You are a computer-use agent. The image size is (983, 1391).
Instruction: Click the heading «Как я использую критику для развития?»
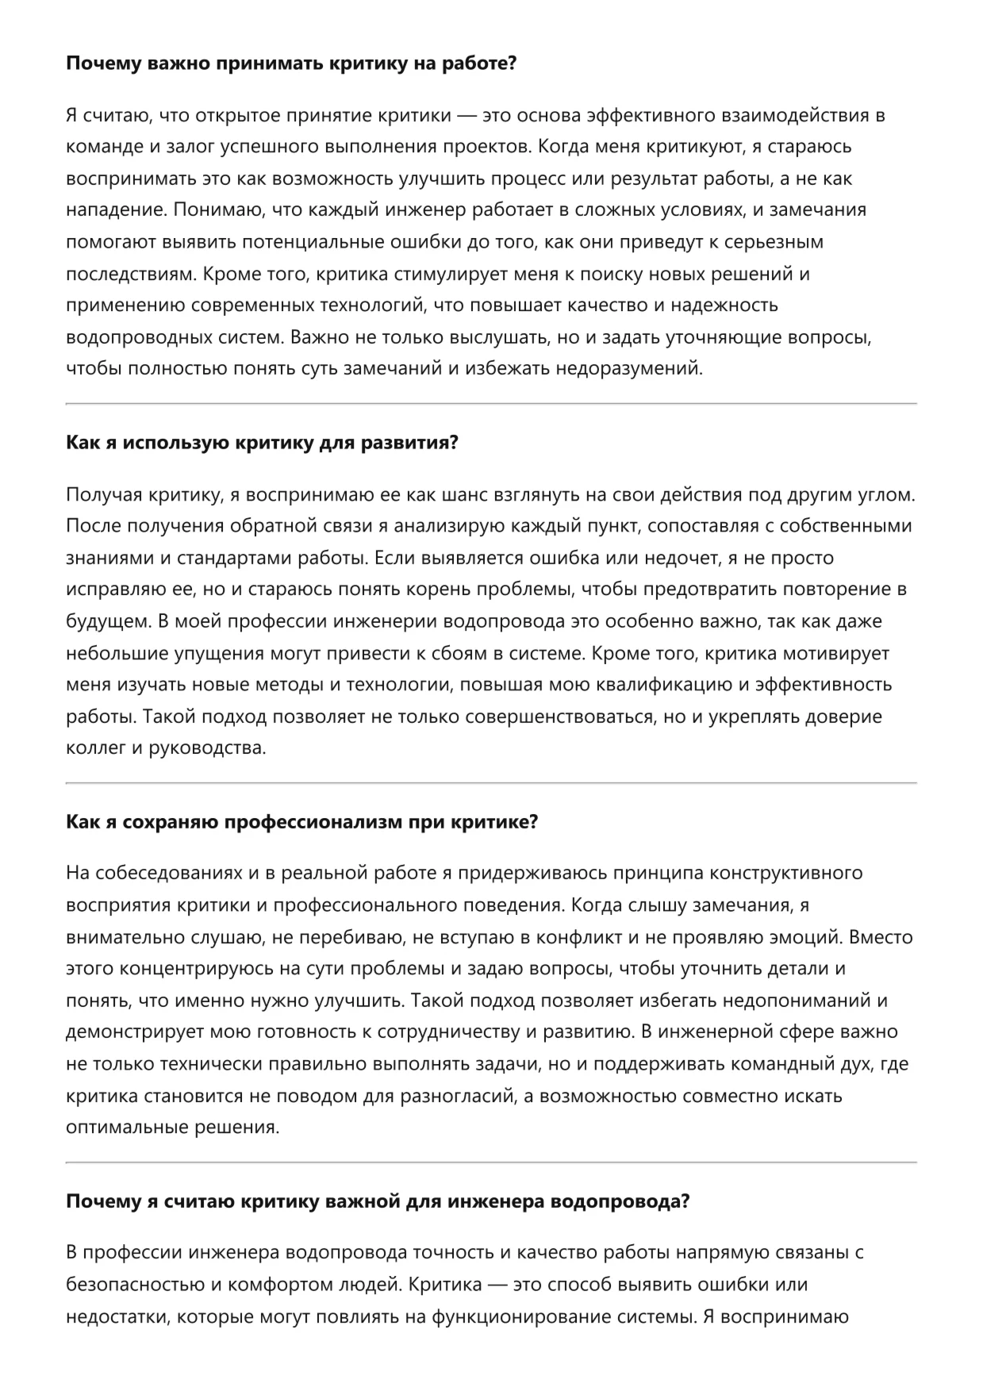pos(262,443)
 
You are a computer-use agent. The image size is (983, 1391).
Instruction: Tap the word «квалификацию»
pos(666,686)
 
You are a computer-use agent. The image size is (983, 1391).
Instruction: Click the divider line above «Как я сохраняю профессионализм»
pos(491,783)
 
